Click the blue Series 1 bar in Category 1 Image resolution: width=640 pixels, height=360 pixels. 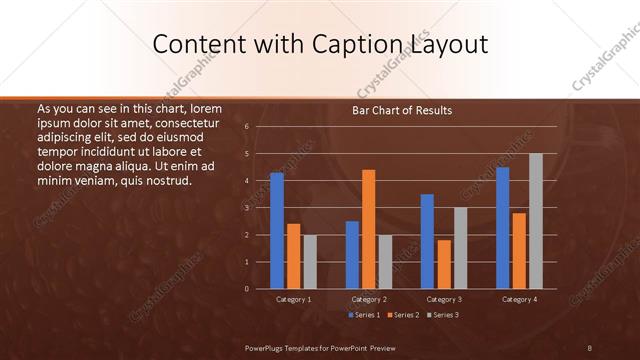pos(277,230)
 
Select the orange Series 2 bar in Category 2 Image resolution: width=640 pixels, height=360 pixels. pos(368,229)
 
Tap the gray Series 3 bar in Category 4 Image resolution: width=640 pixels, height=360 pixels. pos(535,221)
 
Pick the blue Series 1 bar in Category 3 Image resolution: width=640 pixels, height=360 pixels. pos(427,241)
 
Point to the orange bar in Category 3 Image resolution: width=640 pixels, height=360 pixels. pos(444,264)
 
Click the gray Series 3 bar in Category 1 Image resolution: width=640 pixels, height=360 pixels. pos(310,261)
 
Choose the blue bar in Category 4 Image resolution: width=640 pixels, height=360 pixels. pos(502,227)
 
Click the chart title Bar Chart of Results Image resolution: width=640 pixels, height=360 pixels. pos(402,110)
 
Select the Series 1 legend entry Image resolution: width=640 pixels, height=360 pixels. pos(365,315)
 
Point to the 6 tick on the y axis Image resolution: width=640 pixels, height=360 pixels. pos(246,126)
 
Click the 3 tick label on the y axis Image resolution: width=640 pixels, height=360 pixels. pos(246,207)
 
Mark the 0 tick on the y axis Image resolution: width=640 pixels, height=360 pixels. pos(246,288)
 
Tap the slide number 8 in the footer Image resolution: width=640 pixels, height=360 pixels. pos(589,347)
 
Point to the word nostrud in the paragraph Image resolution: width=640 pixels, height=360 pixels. pos(165,181)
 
